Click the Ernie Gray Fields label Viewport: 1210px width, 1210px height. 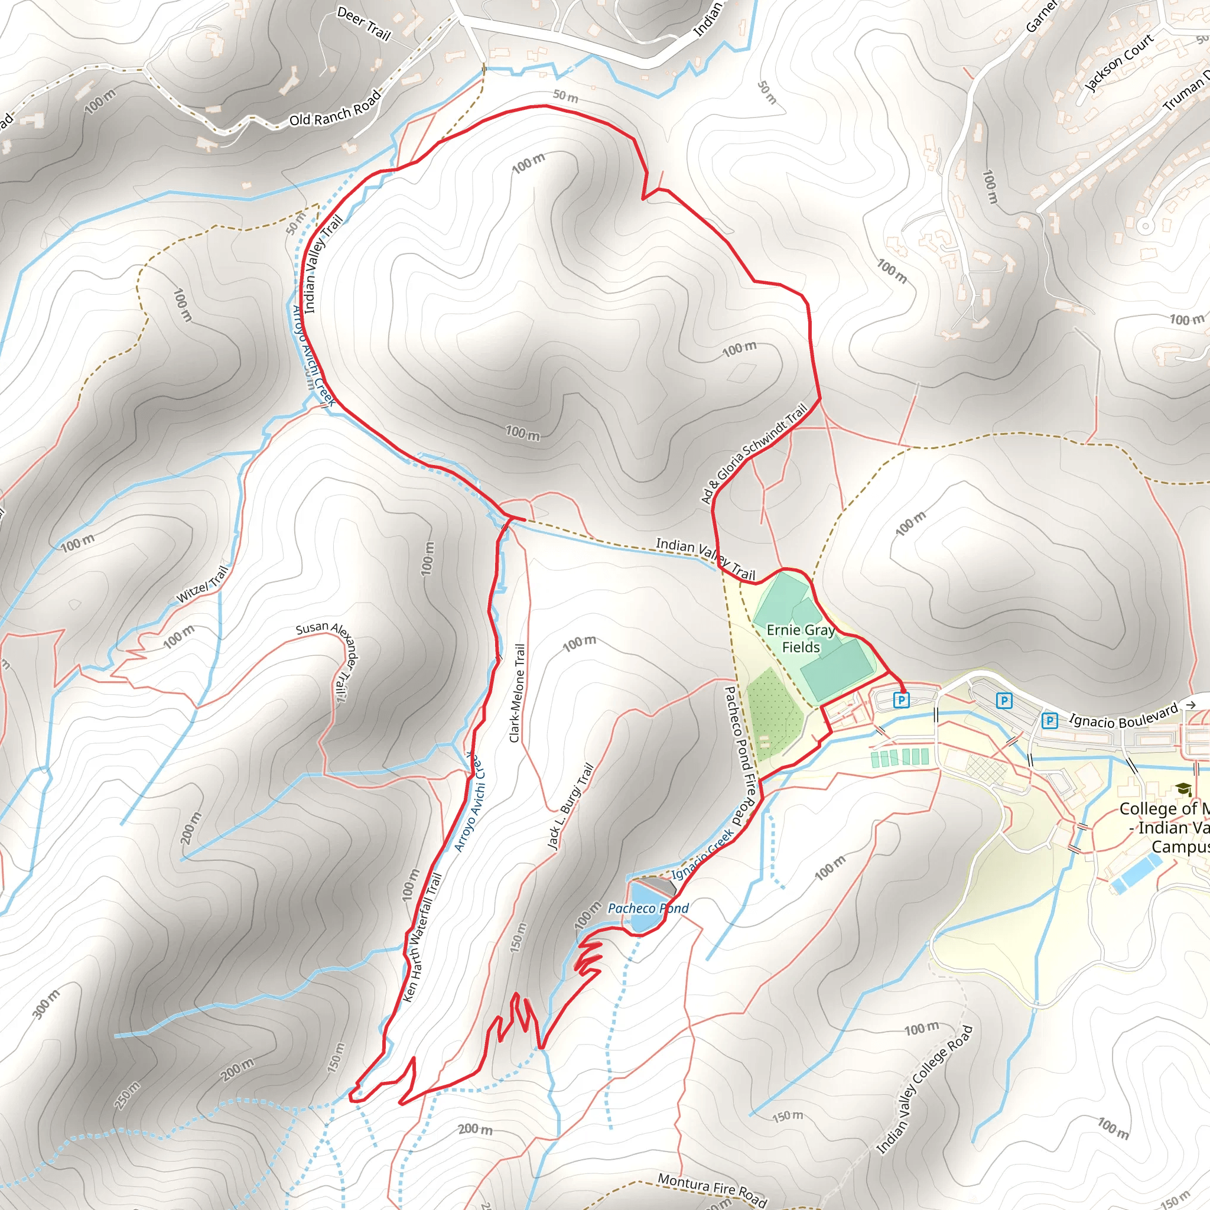pos(801,638)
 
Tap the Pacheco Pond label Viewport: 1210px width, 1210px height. pos(648,908)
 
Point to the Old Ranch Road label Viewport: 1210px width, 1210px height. pos(335,108)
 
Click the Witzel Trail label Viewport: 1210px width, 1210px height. pos(201,584)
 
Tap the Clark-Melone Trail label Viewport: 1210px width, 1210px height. pos(518,693)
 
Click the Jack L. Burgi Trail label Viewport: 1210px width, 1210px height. pos(570,806)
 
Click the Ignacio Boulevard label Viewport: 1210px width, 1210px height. pos(1123,716)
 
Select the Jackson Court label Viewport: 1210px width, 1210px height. pos(1118,63)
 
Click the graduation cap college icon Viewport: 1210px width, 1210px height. pos(1183,790)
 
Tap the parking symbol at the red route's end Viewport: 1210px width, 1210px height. pos(901,700)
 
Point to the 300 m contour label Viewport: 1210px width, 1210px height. pos(46,1004)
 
